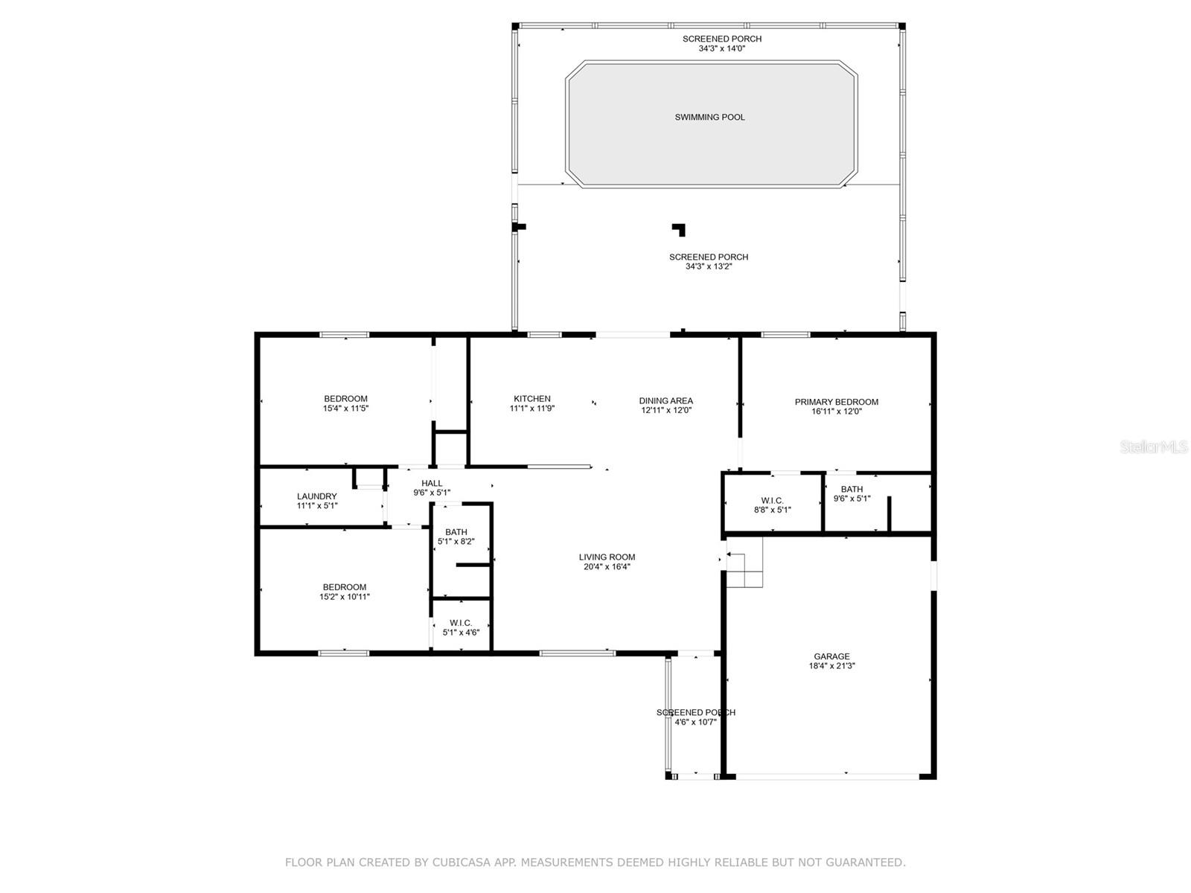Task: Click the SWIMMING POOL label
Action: coord(709,117)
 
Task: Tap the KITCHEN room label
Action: coord(531,399)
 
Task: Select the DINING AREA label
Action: coord(665,400)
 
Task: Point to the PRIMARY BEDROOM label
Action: coord(836,402)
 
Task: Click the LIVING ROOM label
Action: coord(607,557)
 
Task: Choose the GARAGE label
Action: coord(831,656)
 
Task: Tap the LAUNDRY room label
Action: coord(317,496)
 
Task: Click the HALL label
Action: coord(432,483)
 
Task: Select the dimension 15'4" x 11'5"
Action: coord(345,409)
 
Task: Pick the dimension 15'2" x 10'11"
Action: coord(345,597)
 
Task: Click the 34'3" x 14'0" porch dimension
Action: coord(721,48)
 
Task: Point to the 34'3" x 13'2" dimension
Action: coord(709,266)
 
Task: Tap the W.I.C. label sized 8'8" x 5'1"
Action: coord(772,500)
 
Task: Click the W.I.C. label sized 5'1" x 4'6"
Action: coord(461,623)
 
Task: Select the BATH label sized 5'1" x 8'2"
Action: coord(456,532)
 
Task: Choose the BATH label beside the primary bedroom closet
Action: coord(852,489)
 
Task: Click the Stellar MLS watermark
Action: coord(1154,447)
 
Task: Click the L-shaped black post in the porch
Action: coord(680,229)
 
